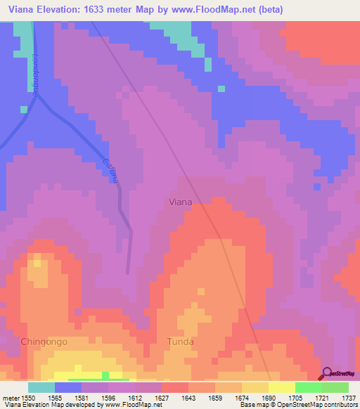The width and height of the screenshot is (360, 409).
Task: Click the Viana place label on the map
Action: (x=181, y=202)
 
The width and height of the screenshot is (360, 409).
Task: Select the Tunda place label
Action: (x=180, y=342)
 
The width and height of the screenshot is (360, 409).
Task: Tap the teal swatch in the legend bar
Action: (x=41, y=387)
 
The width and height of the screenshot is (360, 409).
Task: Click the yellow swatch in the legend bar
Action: (x=281, y=387)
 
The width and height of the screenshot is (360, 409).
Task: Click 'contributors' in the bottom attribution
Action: (x=339, y=405)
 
